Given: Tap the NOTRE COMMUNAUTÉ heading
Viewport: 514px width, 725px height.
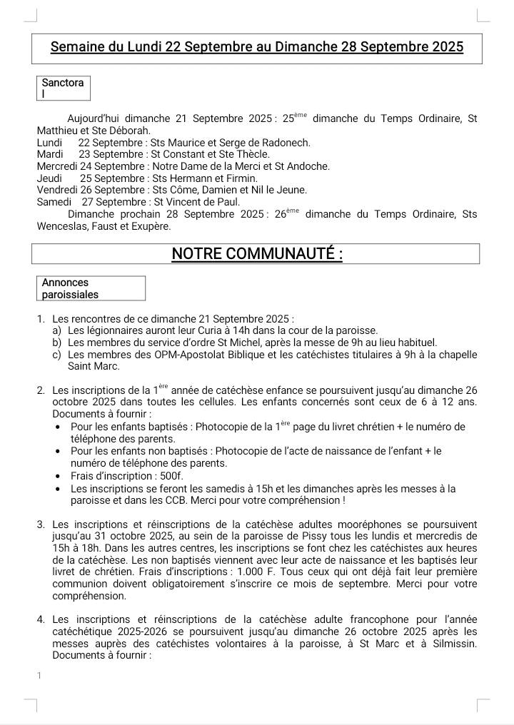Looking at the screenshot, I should (256, 254).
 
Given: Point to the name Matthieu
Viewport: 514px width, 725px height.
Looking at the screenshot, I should (59, 131).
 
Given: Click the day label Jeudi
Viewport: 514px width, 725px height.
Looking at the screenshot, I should (49, 178).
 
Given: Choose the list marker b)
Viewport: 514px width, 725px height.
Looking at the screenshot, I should (56, 343).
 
